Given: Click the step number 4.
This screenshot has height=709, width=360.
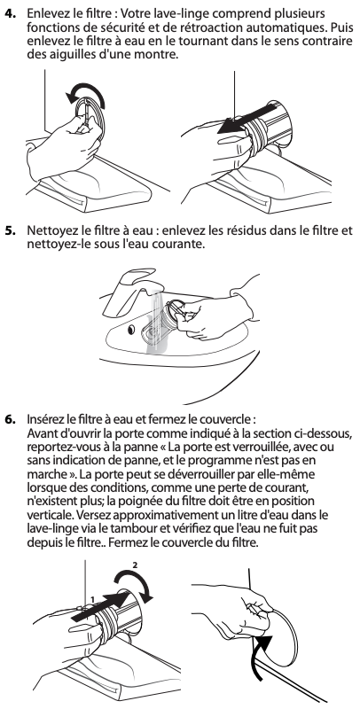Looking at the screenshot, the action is pyautogui.click(x=10, y=12).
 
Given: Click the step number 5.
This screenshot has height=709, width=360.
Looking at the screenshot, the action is pyautogui.click(x=10, y=230).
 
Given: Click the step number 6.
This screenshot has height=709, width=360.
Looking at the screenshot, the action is pyautogui.click(x=10, y=418).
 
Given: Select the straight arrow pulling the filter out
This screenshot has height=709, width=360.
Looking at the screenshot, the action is pyautogui.click(x=247, y=119).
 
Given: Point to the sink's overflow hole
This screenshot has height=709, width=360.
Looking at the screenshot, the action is pyautogui.click(x=130, y=330).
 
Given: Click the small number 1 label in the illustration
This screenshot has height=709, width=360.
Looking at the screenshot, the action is pyautogui.click(x=92, y=600).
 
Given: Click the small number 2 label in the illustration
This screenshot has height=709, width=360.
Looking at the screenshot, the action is pyautogui.click(x=134, y=565).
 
